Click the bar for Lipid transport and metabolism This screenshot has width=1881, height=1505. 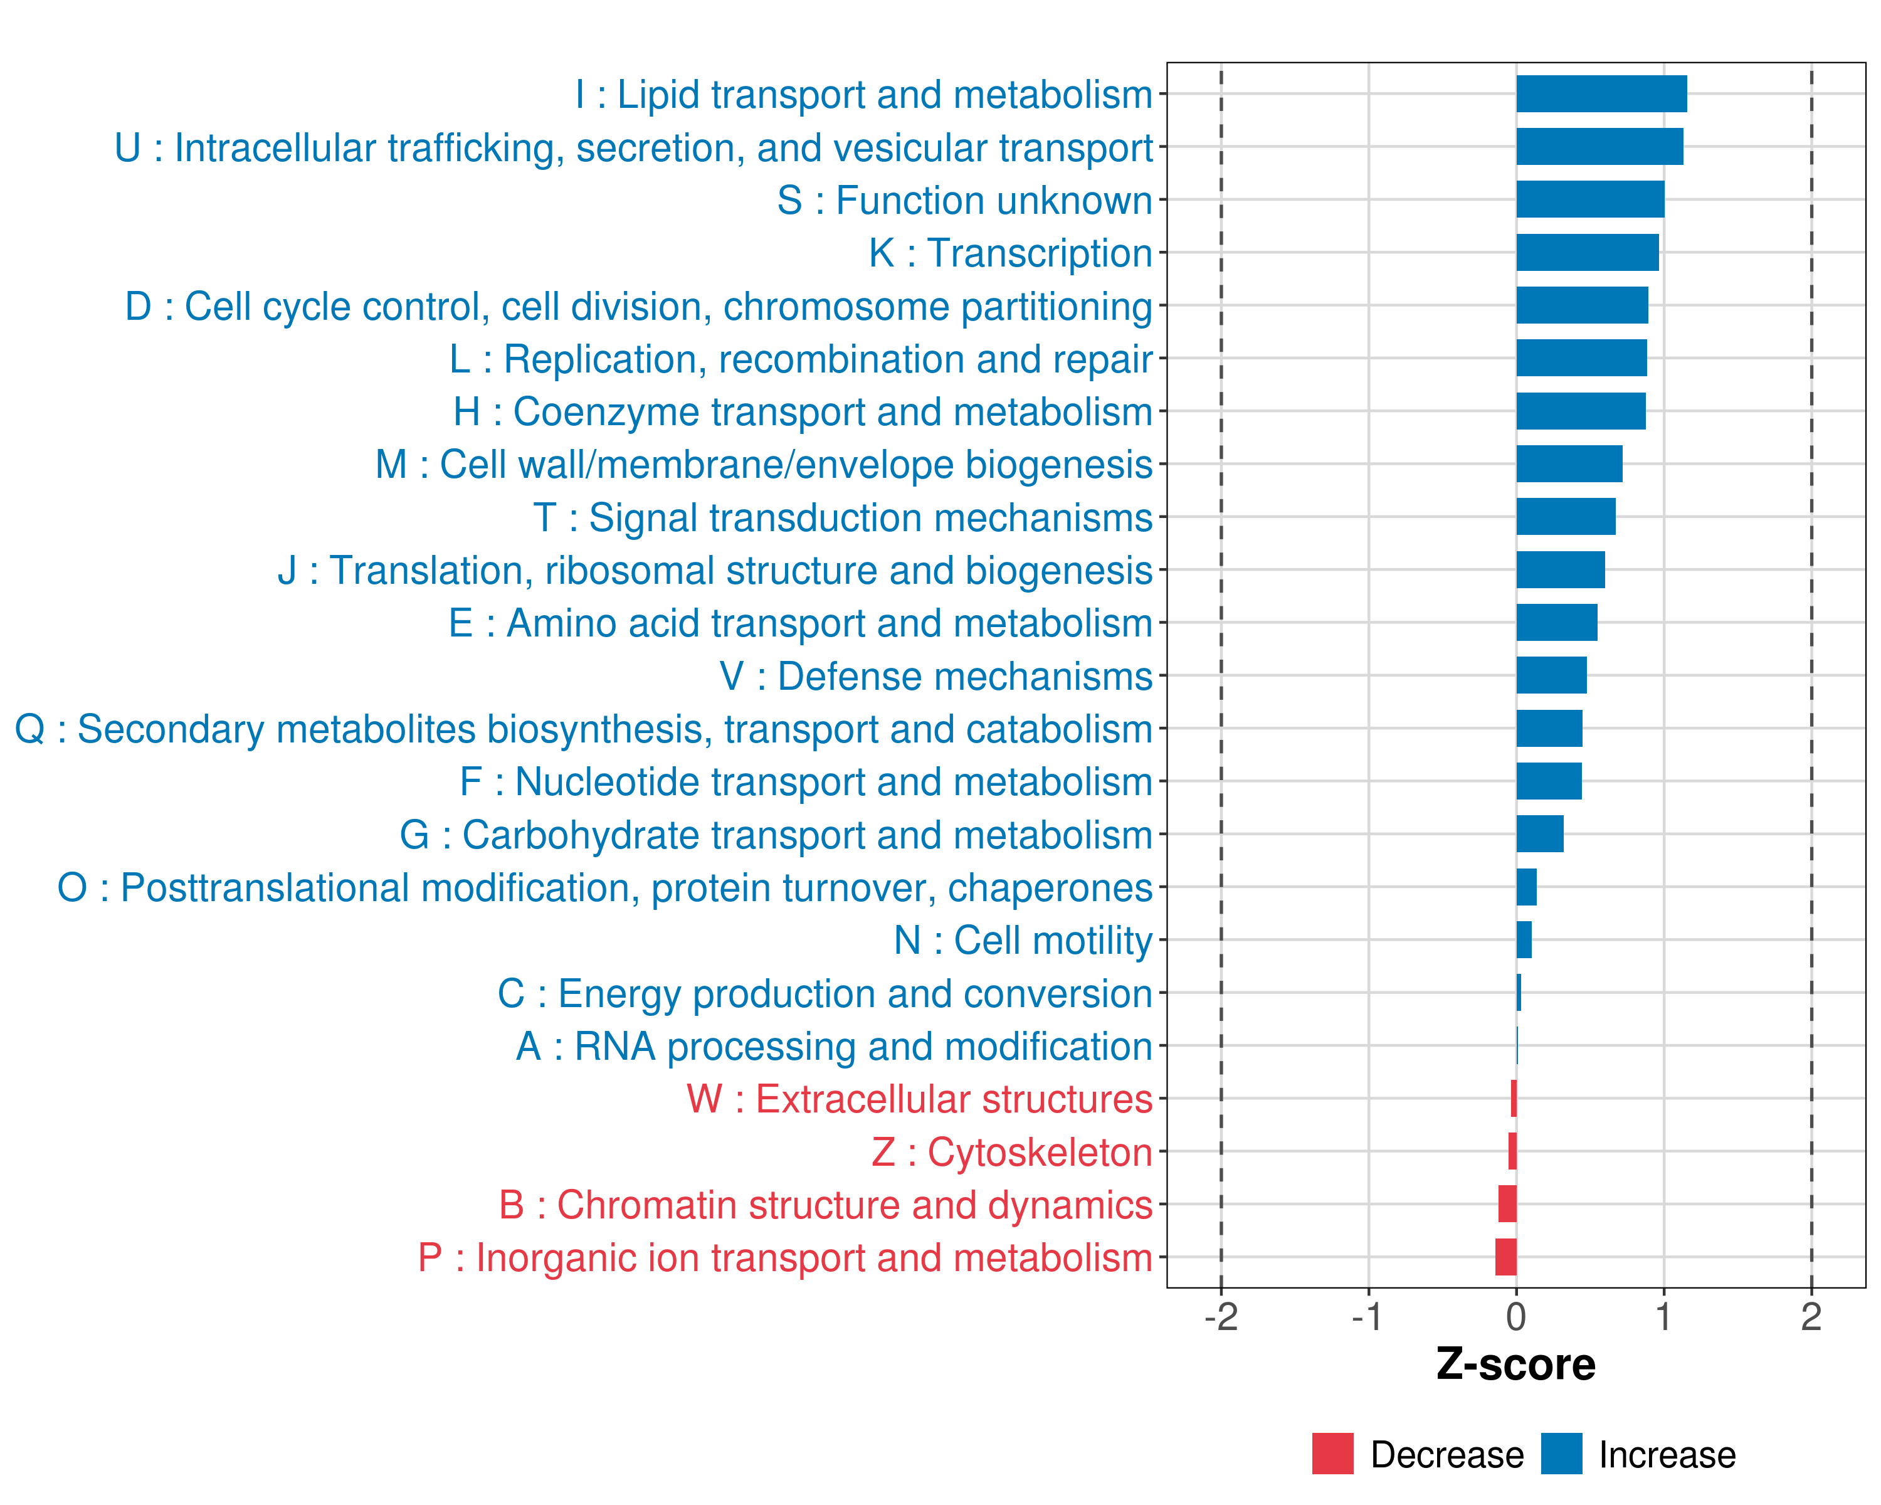click(x=1601, y=94)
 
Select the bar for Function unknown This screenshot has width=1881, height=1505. click(x=1589, y=200)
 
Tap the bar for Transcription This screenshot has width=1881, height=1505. click(x=1587, y=253)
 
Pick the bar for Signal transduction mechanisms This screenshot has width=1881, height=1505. click(x=1565, y=517)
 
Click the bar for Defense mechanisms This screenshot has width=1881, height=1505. click(x=1551, y=675)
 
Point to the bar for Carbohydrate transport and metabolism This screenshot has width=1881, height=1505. click(x=1540, y=834)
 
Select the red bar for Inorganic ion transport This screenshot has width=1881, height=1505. click(x=1506, y=1257)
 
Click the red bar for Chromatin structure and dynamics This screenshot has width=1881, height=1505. click(x=1507, y=1204)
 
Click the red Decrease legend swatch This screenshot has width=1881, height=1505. click(x=1332, y=1454)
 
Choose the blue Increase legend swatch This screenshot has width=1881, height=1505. click(x=1561, y=1454)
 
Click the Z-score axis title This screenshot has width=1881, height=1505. click(x=1515, y=1365)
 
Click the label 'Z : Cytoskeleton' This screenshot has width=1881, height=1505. click(x=1012, y=1152)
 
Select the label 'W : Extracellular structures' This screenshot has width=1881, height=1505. click(x=920, y=1099)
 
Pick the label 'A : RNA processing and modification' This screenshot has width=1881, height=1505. click(x=834, y=1046)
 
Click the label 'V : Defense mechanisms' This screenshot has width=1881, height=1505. click(x=936, y=676)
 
